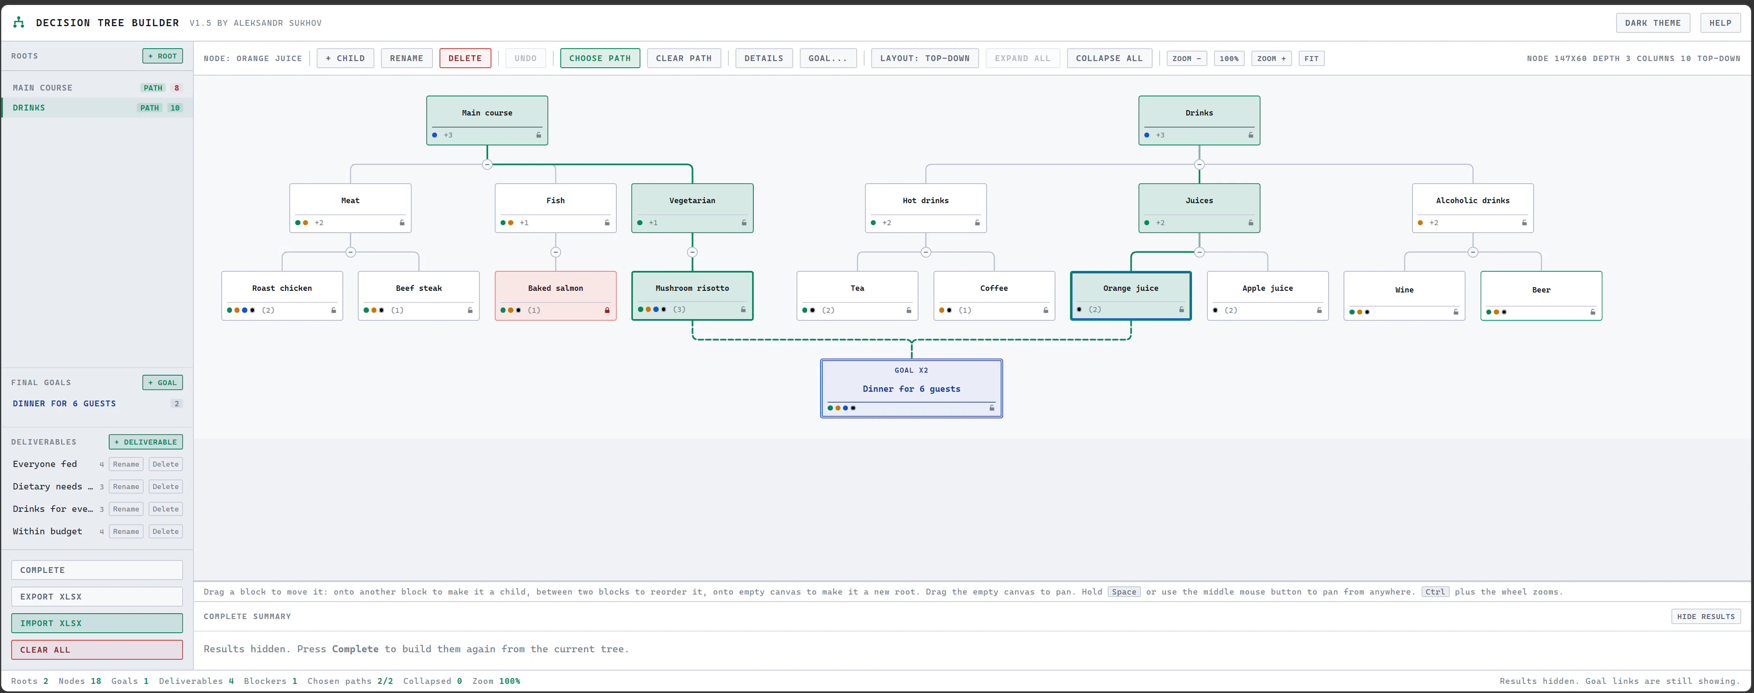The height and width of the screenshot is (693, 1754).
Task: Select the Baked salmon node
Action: coord(556,296)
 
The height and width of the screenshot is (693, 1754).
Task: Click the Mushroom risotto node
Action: coord(692,296)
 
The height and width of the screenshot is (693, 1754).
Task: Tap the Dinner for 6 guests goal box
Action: coord(912,388)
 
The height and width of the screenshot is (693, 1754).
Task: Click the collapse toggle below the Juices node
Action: coord(1200,252)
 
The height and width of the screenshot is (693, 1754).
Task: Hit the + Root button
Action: coord(163,56)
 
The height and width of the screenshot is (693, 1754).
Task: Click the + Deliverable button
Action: coord(146,442)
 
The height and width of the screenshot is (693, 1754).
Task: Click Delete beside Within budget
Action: coord(166,531)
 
